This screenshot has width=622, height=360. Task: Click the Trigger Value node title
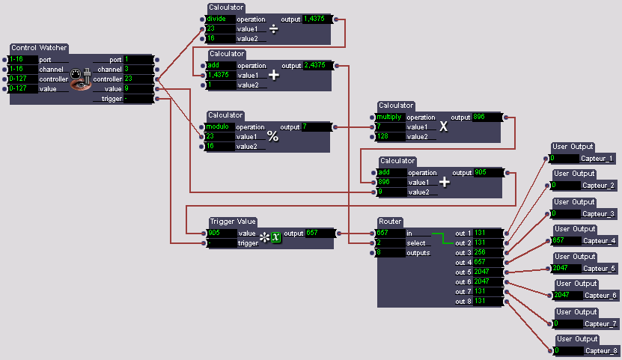click(233, 222)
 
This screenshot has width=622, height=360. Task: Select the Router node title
click(391, 222)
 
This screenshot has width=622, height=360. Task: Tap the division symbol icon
click(273, 28)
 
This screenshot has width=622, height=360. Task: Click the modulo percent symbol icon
click(273, 136)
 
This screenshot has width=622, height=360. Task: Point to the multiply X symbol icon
click(444, 126)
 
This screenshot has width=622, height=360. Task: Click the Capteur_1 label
click(597, 158)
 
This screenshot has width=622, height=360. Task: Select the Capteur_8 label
click(600, 350)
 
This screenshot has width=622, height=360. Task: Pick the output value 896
click(487, 117)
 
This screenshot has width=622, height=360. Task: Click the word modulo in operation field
click(219, 126)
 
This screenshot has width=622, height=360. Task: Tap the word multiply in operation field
click(390, 117)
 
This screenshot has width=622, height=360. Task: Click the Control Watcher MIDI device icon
click(80, 79)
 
